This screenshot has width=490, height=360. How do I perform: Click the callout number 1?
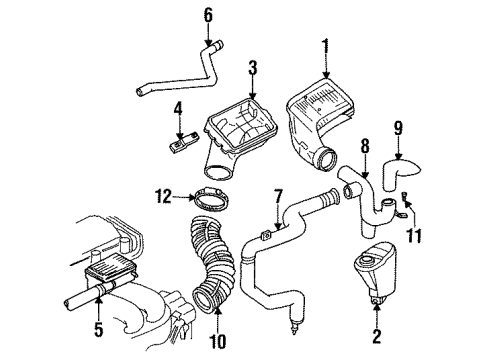pyautogui.click(x=325, y=50)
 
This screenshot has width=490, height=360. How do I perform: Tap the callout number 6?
pyautogui.click(x=208, y=15)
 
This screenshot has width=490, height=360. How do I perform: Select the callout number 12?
pyautogui.click(x=164, y=196)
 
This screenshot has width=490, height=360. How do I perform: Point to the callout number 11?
pyautogui.click(x=414, y=235)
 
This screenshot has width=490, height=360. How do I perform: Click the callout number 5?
pyautogui.click(x=98, y=328)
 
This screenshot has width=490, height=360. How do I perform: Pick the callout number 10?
pyautogui.click(x=217, y=341)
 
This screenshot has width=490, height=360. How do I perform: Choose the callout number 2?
pyautogui.click(x=377, y=335)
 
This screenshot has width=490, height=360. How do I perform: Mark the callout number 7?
pyautogui.click(x=278, y=197)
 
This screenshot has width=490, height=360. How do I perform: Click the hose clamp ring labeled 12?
pyautogui.click(x=212, y=199)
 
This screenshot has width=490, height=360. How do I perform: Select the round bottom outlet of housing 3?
pyautogui.click(x=218, y=174)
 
